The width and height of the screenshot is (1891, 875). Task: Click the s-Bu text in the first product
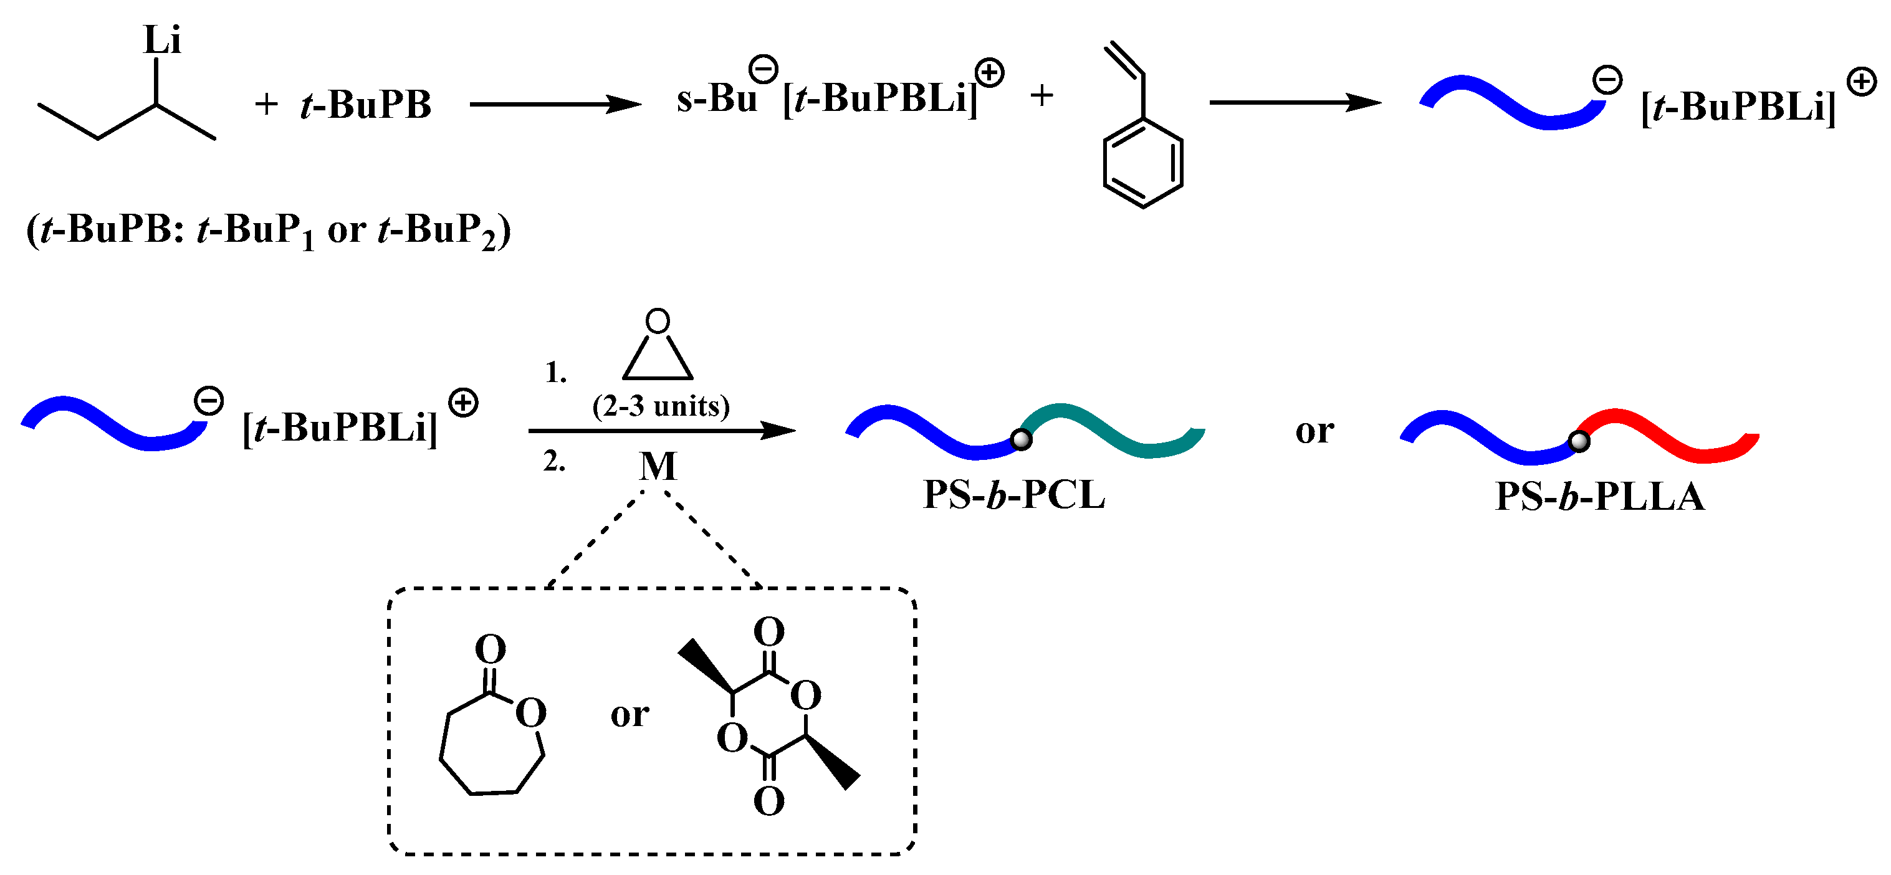716,99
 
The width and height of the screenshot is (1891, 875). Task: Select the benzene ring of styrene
1142,162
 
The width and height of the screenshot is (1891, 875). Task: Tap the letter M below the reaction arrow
657,466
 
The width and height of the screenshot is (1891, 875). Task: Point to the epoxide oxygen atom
657,321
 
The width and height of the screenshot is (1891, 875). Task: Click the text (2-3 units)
661,406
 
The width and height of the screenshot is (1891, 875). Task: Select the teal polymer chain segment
1116,429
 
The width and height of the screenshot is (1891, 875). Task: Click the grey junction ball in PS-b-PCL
1021,440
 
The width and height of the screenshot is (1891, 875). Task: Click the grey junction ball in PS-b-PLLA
1579,441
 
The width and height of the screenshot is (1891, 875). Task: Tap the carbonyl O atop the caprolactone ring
491,648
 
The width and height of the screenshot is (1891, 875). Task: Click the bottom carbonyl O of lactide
768,801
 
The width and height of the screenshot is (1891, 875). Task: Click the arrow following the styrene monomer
1295,103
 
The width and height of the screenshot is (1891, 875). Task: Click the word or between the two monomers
629,714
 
